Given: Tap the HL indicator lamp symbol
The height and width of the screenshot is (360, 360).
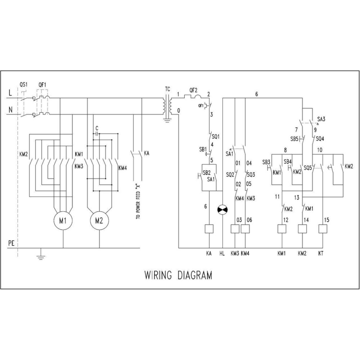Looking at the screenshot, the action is [222, 210].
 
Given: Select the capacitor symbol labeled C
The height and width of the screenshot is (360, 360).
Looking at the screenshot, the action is [97, 134].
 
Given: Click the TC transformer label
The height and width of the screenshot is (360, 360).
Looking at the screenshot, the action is [168, 89].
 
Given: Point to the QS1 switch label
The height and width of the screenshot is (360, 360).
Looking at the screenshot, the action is [23, 84].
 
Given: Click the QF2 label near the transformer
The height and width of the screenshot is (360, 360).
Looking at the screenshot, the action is [193, 90].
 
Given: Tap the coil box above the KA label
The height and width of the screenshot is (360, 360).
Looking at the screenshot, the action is [209, 229].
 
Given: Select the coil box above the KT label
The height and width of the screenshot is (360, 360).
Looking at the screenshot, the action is [323, 229].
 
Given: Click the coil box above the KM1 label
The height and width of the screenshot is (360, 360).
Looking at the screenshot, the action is [282, 229].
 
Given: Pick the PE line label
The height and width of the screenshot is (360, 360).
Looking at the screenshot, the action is [11, 243].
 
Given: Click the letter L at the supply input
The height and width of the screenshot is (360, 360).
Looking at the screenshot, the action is [10, 93].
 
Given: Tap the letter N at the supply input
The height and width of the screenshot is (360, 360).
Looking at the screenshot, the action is [10, 110].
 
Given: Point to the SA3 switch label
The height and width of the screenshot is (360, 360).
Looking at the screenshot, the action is [321, 119].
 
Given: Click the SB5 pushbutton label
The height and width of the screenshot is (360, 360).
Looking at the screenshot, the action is [294, 139].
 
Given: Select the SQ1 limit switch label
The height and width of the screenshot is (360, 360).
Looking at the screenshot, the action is [216, 137].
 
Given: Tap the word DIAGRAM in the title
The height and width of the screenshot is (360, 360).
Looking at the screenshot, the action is [195, 275].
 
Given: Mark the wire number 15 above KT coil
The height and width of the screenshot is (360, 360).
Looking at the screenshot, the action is [326, 220].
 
